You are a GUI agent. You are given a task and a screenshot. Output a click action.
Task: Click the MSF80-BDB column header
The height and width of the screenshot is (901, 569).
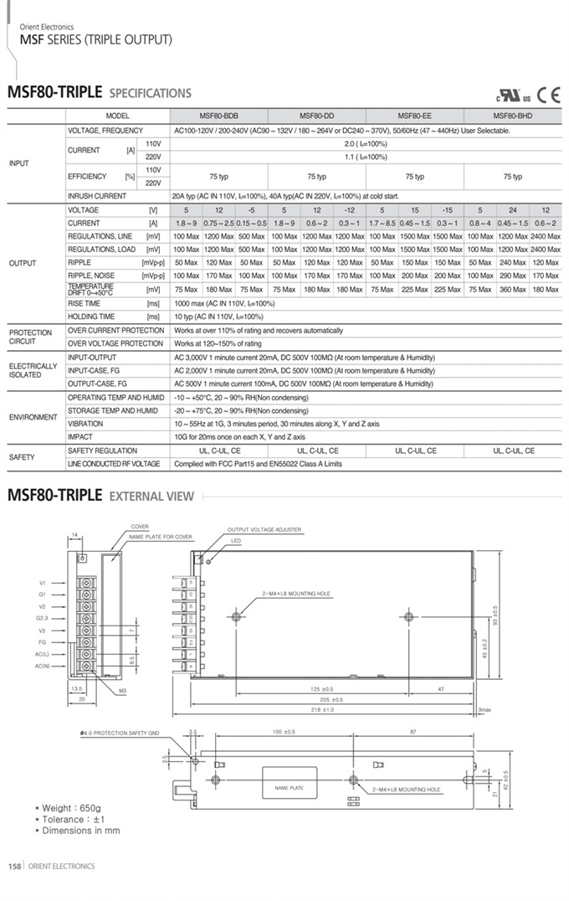click(218, 116)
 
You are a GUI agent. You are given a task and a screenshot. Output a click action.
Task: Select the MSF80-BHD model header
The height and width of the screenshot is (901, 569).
click(512, 116)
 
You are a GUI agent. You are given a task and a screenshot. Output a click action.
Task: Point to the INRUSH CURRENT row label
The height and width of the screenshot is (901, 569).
click(97, 196)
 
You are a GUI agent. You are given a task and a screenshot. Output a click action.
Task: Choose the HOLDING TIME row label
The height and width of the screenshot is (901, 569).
click(91, 317)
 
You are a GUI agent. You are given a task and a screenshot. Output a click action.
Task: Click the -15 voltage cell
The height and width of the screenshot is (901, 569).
click(447, 209)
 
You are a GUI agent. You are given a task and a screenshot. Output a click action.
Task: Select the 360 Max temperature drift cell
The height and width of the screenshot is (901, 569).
click(512, 290)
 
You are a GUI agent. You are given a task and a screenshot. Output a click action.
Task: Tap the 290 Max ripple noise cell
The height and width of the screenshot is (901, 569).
click(512, 275)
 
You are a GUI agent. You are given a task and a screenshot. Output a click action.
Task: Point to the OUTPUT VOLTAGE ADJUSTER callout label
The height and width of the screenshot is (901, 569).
click(264, 530)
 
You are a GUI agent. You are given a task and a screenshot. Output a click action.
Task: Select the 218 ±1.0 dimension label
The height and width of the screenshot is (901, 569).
click(322, 710)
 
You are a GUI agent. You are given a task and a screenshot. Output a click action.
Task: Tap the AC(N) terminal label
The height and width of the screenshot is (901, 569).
click(43, 666)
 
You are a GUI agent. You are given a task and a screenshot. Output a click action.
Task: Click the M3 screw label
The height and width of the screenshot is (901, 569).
click(121, 691)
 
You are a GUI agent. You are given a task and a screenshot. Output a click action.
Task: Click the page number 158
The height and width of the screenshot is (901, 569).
click(14, 866)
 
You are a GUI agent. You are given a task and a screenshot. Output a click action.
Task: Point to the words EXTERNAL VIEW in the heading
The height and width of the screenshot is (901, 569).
click(151, 496)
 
